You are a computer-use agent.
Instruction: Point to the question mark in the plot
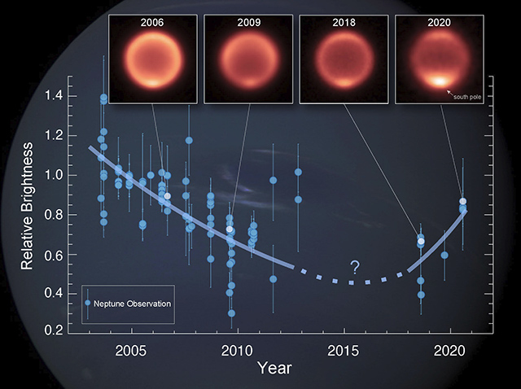tap(354, 267)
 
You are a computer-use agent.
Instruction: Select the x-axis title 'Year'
tap(274, 369)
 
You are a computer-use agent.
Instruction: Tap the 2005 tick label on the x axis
tap(130, 350)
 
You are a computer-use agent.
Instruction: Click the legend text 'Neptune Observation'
tap(132, 304)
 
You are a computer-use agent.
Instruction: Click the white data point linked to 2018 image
tap(421, 242)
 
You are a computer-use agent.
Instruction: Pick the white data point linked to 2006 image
tap(168, 196)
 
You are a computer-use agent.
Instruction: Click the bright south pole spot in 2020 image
tap(440, 81)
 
